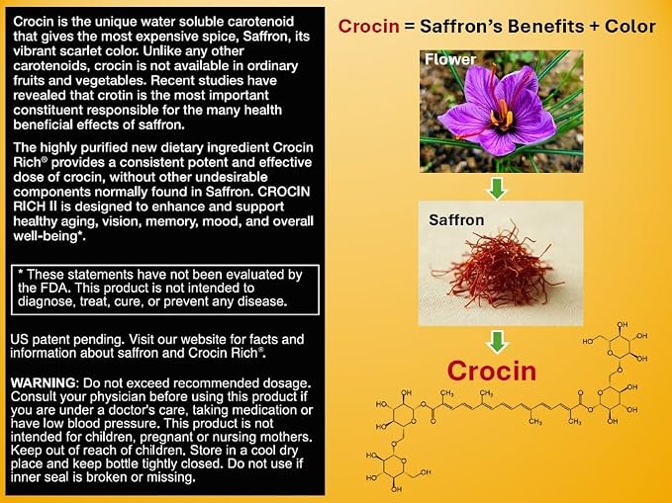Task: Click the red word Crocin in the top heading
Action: tap(368, 27)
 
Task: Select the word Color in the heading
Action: tap(630, 27)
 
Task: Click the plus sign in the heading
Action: tap(594, 27)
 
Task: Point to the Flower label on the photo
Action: tap(450, 59)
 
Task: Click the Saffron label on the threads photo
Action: tap(456, 220)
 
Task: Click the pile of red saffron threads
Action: tap(497, 270)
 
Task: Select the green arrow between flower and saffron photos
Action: tap(497, 188)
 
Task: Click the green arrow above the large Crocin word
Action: tap(497, 341)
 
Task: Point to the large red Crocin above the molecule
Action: tap(492, 371)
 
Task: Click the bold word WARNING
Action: tap(44, 382)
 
